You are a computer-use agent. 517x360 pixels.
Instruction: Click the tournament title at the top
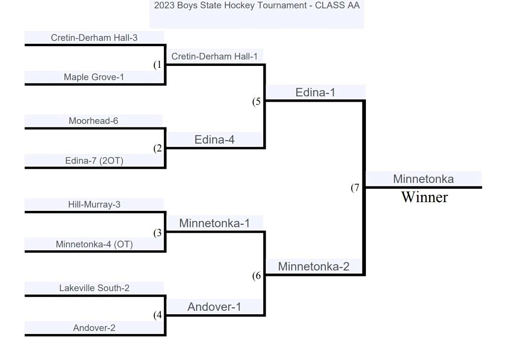point(257,5)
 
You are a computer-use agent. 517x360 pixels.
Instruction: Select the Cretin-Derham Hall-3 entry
point(94,37)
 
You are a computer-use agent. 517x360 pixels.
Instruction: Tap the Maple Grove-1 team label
point(94,77)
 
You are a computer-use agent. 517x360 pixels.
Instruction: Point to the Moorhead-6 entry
point(93,121)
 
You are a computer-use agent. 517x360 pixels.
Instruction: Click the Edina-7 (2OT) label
point(94,160)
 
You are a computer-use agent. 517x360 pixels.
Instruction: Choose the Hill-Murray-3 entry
point(94,205)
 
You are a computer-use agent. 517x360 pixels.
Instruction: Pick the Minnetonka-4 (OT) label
point(94,244)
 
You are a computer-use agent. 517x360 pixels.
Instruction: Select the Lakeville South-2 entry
point(94,288)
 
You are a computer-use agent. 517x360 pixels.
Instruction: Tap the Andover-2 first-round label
point(94,328)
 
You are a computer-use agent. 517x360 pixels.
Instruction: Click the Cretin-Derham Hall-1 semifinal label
point(214,57)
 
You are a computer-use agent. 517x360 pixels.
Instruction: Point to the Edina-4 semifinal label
point(214,140)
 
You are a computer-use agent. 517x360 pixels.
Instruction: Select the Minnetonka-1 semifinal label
point(214,223)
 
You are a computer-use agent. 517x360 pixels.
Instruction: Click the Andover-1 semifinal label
point(214,307)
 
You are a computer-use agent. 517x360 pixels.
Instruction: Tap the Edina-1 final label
point(315,92)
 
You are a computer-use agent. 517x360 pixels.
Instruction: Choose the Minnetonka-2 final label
point(314,267)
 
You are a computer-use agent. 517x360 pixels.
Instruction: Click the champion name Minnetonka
point(423,179)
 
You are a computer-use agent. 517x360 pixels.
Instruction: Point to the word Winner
point(424,197)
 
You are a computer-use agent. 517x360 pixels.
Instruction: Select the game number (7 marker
point(355,188)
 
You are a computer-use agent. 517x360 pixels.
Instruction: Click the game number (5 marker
point(257,102)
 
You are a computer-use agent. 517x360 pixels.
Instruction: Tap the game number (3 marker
point(157,233)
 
